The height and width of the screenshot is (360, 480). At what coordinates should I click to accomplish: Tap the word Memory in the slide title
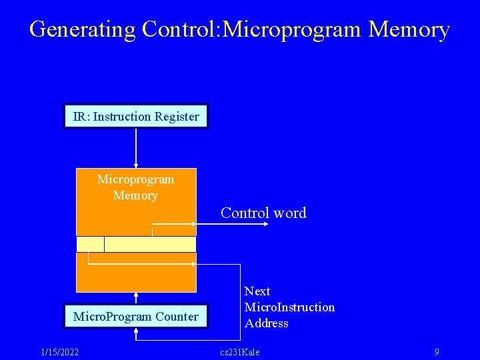coord(409,30)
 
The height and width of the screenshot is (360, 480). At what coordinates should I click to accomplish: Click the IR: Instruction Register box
coord(136,117)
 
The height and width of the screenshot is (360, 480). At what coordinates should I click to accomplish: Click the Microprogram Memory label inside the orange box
coord(136,187)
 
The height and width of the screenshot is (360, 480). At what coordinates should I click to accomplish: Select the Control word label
coord(263,213)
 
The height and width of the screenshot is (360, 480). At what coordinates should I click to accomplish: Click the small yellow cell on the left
coord(90,244)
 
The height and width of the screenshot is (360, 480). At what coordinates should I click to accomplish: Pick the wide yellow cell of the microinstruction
coord(150,244)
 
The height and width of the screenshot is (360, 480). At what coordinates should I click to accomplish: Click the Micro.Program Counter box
coord(136,317)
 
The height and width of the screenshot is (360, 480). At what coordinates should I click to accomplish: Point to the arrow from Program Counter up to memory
coord(136,298)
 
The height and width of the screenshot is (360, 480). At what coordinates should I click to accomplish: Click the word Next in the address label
coord(257,291)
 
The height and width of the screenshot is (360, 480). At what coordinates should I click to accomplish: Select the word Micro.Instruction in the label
coord(289,307)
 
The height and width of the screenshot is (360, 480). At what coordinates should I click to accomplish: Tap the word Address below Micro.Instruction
coord(267,323)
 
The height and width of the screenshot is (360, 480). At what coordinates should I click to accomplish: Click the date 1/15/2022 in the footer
coord(60,352)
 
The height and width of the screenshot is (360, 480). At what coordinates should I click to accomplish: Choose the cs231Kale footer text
coord(239,352)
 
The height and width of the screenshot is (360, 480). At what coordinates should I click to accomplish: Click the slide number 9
coord(437,352)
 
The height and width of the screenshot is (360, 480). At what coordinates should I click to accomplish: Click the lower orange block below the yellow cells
coord(136,277)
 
